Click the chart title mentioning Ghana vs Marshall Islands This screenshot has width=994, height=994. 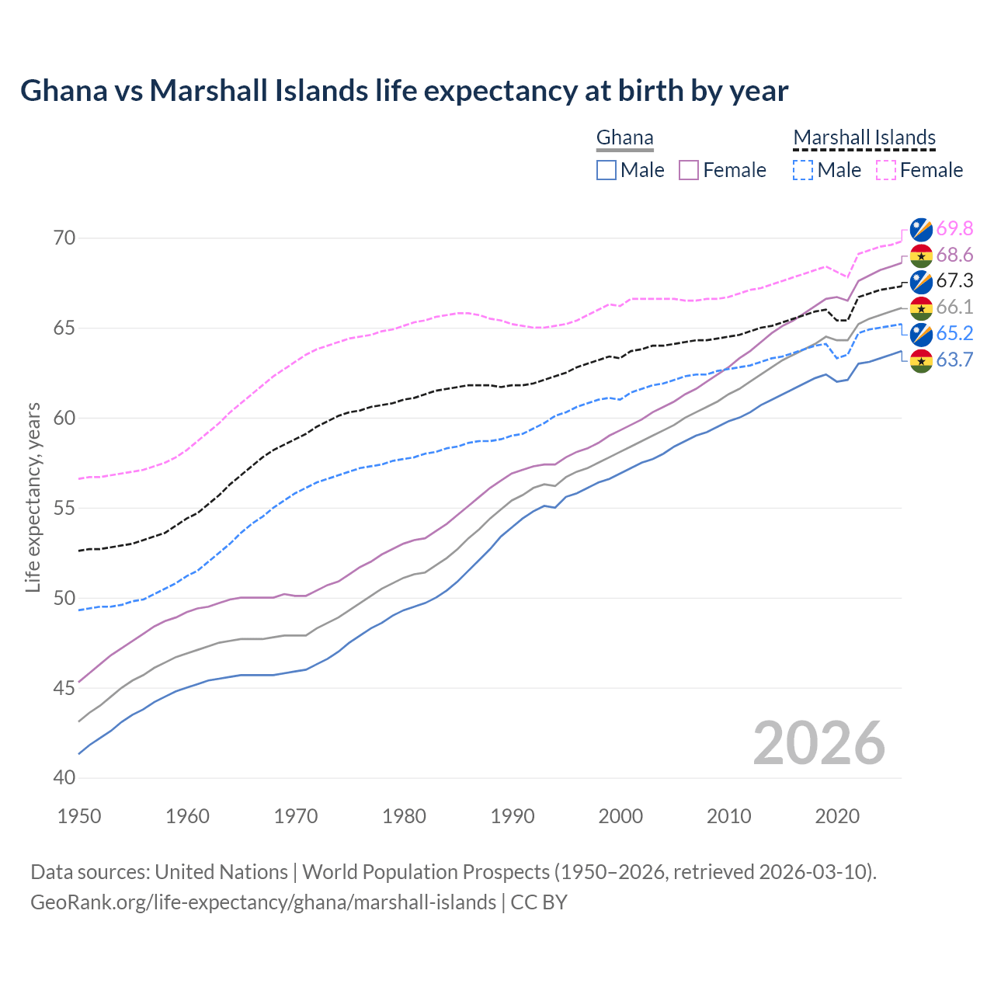404,91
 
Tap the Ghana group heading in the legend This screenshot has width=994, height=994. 624,138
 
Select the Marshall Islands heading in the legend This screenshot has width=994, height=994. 864,138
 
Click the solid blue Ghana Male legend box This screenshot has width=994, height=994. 606,170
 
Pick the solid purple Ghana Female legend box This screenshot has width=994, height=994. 689,170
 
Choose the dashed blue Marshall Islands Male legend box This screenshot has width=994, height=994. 803,170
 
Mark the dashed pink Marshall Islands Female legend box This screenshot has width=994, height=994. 885,170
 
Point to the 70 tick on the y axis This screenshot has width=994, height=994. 64,238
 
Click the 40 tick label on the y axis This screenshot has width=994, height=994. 64,778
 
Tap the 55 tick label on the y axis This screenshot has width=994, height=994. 64,508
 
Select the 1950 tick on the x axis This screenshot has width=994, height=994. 79,816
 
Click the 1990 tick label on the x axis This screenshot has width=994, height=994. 513,816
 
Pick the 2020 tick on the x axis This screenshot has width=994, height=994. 837,816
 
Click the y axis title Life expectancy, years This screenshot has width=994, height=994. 33,497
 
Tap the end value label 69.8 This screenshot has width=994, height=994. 954,228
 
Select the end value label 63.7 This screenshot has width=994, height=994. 954,360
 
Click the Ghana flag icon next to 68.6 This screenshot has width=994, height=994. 921,255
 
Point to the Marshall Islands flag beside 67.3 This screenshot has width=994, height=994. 921,281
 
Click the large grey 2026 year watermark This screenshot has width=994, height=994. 819,743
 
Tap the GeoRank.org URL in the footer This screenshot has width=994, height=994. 262,902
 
